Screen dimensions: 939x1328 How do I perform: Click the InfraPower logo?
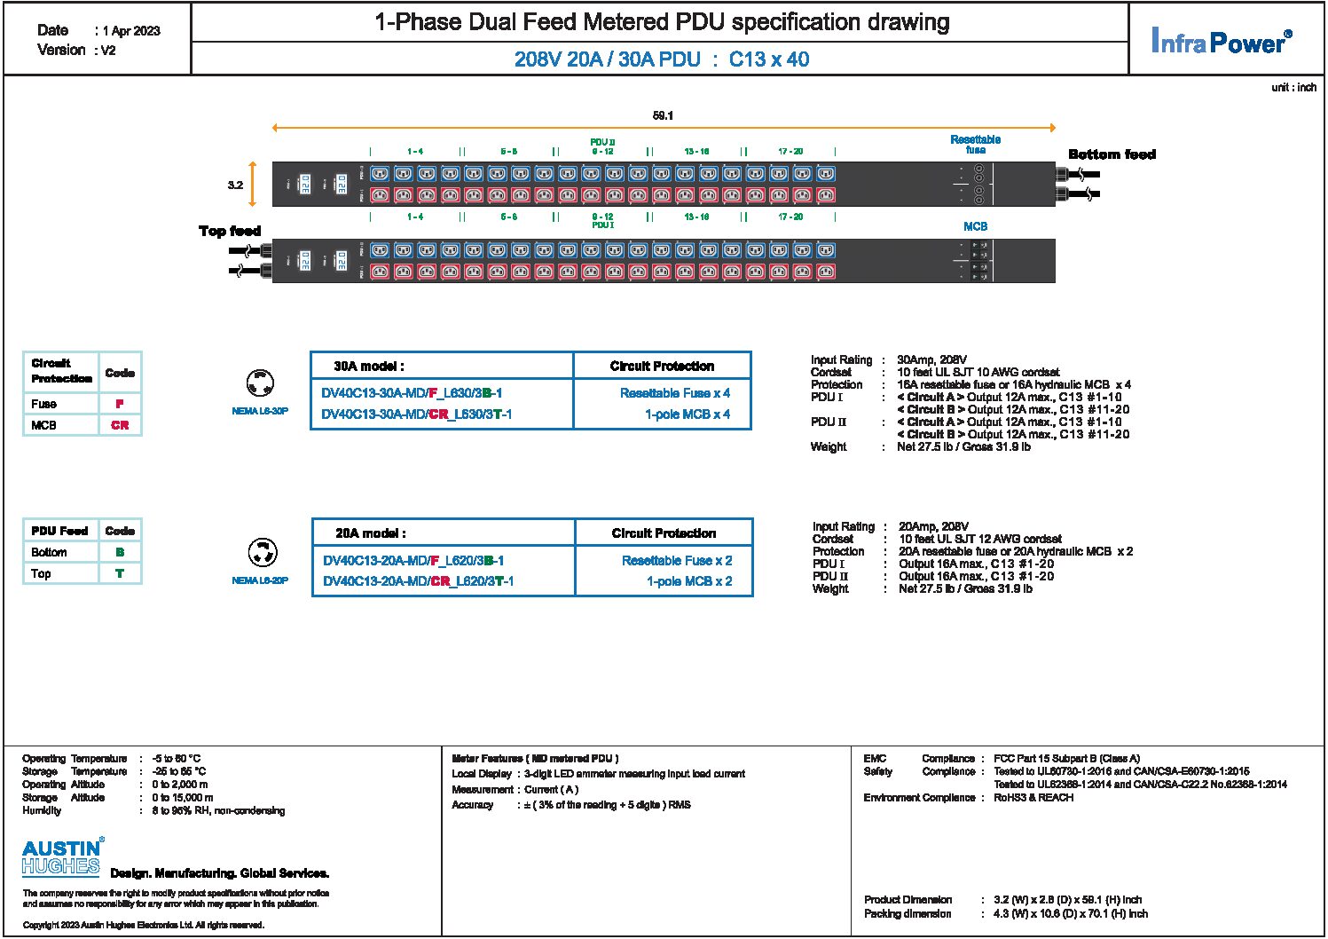(1221, 41)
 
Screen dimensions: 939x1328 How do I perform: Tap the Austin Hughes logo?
(62, 857)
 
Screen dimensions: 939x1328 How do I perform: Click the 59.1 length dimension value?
(663, 115)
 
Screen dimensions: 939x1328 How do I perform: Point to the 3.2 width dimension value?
(235, 185)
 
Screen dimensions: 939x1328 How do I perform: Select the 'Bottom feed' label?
(1112, 154)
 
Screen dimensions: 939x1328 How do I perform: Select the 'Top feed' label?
(229, 231)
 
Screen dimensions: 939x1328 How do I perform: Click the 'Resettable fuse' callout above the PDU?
(975, 145)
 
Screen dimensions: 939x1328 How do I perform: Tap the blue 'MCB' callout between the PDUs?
(975, 226)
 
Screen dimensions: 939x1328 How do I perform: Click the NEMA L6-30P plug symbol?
(260, 384)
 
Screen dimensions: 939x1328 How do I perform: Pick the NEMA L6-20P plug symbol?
(262, 553)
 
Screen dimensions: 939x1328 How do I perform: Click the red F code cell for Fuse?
(120, 404)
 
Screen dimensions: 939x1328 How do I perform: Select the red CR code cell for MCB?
(120, 425)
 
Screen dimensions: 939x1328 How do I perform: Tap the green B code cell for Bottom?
(120, 552)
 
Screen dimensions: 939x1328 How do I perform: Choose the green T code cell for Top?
(120, 573)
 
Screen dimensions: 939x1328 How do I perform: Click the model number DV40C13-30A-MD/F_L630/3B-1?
(412, 393)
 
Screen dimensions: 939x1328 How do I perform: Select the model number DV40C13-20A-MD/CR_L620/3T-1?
(418, 581)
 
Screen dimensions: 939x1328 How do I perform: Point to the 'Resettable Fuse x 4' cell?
(675, 393)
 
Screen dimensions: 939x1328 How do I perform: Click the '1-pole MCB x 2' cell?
(689, 581)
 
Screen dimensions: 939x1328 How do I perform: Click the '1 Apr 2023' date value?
(131, 31)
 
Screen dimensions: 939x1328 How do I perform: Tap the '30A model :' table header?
(369, 366)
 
